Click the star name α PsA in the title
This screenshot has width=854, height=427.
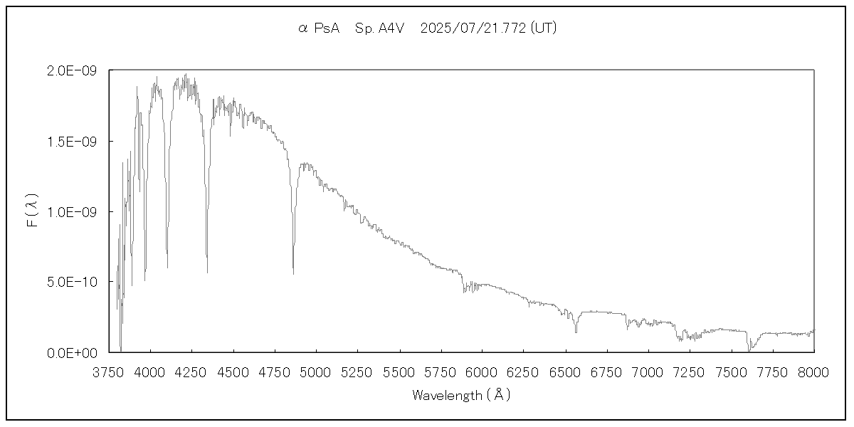[319, 28]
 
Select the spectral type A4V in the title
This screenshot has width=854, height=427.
[379, 28]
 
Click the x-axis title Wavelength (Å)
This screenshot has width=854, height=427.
[461, 395]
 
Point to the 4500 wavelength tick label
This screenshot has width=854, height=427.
[233, 372]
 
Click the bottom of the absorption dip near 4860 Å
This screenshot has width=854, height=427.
[293, 273]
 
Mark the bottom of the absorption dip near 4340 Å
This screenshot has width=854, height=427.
[207, 271]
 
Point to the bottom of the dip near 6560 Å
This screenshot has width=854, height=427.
[576, 332]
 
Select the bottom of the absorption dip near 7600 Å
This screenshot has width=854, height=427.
[749, 350]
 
